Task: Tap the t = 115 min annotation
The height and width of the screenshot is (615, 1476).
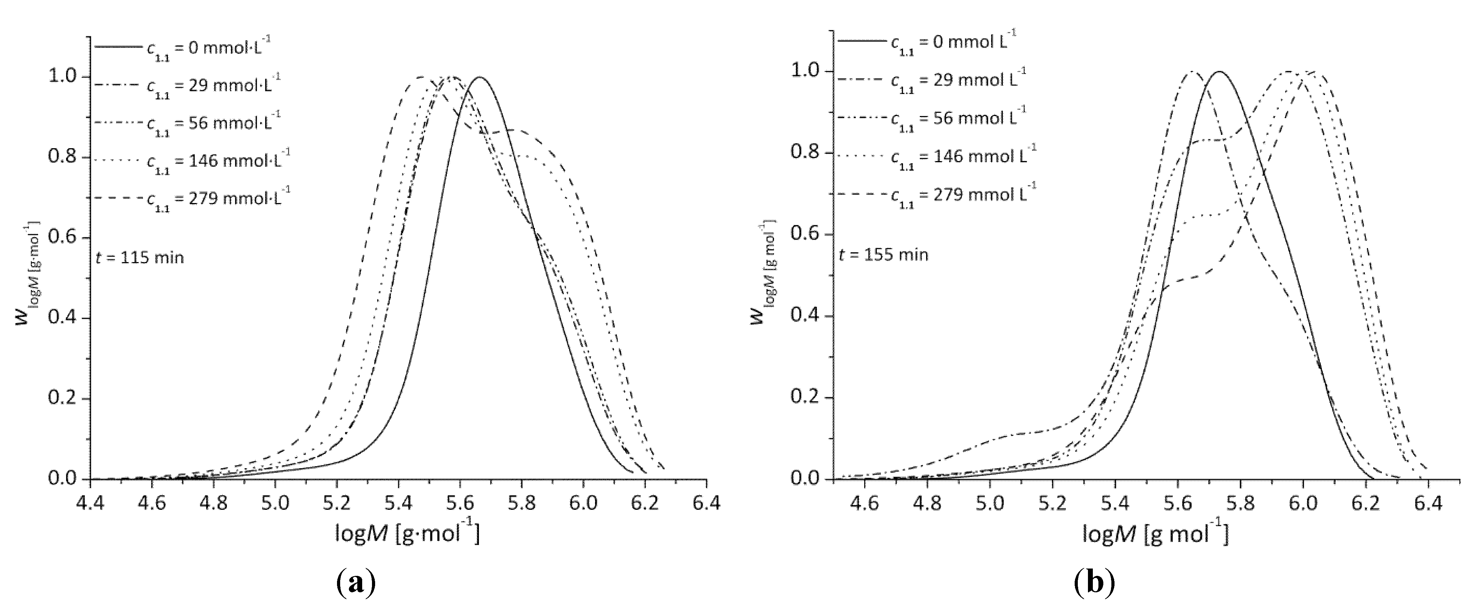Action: coord(139,258)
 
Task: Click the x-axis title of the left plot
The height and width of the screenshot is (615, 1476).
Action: coord(407,533)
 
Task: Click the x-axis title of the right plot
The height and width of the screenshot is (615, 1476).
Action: coord(1155,533)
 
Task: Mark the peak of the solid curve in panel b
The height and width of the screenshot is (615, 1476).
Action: coord(1219,72)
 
